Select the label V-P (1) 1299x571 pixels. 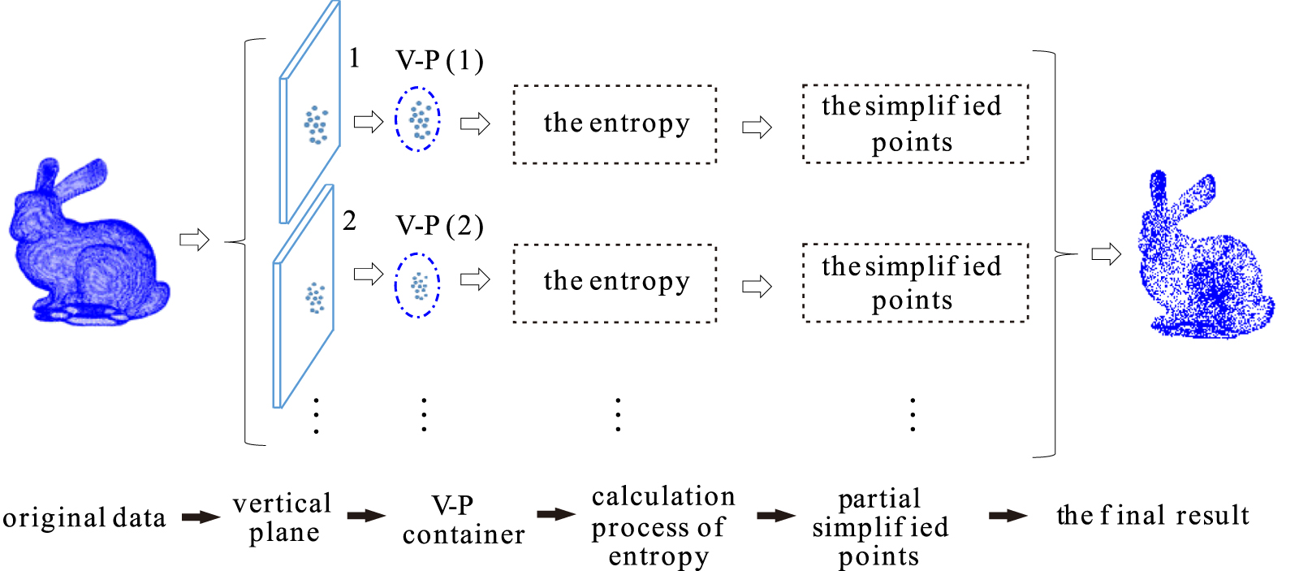(439, 61)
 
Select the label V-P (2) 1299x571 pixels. (439, 225)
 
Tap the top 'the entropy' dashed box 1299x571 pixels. (615, 124)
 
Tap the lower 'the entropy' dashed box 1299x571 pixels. (615, 283)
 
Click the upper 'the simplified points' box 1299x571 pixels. (915, 123)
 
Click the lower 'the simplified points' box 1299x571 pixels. (915, 283)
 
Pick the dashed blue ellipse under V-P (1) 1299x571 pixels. (418, 119)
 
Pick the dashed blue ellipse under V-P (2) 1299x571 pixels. (417, 285)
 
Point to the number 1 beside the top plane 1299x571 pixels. (354, 58)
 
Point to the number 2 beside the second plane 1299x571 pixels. (349, 221)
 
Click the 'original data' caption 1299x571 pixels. (84, 518)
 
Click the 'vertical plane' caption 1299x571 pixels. (283, 517)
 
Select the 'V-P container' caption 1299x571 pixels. (463, 520)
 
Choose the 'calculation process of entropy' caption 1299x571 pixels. (662, 526)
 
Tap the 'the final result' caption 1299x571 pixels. (1153, 516)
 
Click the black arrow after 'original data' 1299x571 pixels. (201, 517)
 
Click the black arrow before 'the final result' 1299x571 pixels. (1008, 516)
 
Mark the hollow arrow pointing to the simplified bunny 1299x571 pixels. (1106, 254)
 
